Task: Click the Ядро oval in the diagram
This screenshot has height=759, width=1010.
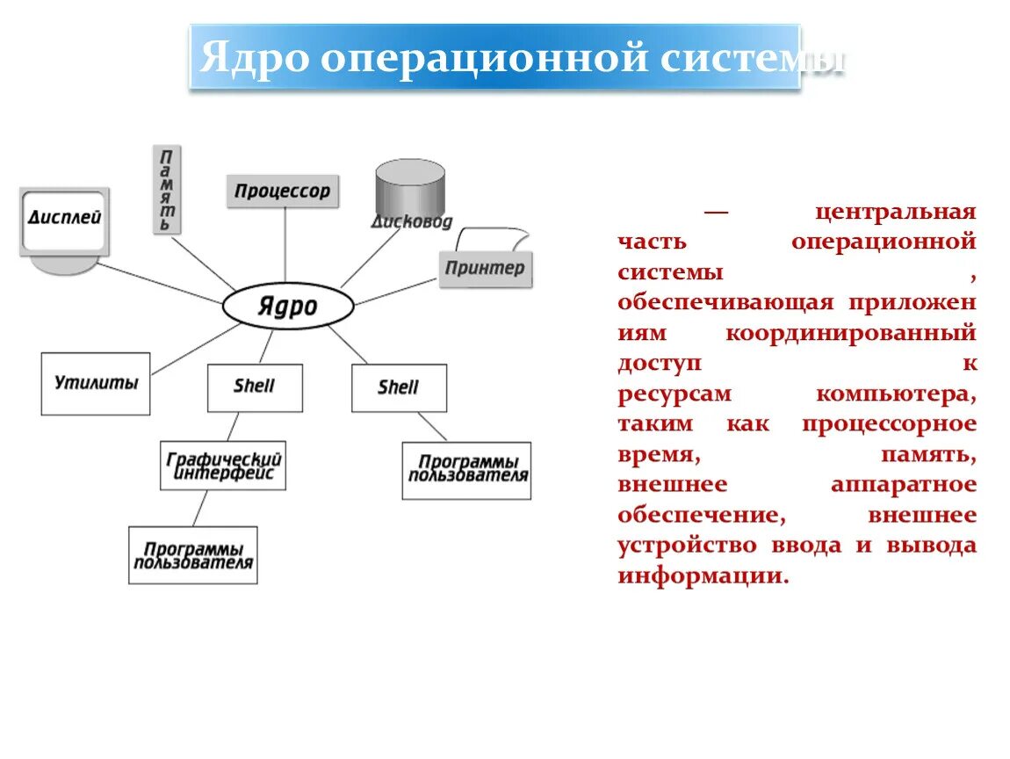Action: (288, 307)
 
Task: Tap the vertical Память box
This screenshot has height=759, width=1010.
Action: (165, 190)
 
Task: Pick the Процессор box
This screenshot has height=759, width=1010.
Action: (283, 191)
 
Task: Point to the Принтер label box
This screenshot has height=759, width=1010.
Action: (484, 268)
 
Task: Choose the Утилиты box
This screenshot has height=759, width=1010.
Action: (96, 384)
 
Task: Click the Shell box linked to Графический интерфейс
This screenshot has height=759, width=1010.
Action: (255, 387)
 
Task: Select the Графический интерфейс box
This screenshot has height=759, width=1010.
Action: (223, 466)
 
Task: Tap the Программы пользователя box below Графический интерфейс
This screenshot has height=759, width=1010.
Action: (193, 555)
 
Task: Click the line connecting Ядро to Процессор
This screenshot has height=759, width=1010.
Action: (285, 246)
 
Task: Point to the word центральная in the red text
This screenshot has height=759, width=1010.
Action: (895, 212)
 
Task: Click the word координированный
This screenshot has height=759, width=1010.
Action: (851, 333)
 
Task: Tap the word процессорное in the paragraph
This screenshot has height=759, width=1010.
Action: (888, 423)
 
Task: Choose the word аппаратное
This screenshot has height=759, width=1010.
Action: (903, 484)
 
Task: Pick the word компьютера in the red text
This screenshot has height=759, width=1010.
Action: (895, 394)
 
